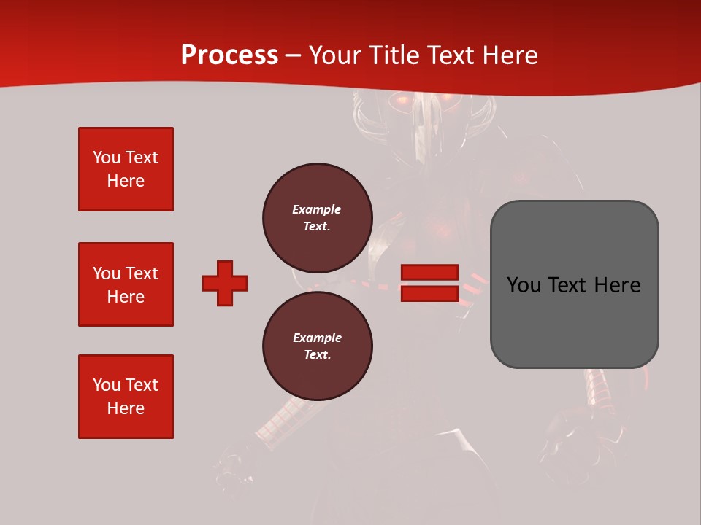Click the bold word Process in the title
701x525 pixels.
[229, 55]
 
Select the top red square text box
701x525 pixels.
[126, 169]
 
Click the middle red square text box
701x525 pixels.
[126, 284]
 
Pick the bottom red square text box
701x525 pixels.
[126, 397]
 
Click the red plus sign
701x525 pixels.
[225, 283]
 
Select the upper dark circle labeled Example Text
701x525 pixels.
[317, 217]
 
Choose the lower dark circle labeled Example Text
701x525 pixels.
[317, 346]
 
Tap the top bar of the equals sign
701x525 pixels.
[429, 273]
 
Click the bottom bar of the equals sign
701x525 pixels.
[429, 293]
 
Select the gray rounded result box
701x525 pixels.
[574, 284]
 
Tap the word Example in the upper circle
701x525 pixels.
[317, 209]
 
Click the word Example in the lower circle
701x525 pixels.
[317, 338]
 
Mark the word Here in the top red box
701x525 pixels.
[126, 181]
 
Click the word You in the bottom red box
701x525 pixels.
[107, 385]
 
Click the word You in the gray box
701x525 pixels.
[524, 285]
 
